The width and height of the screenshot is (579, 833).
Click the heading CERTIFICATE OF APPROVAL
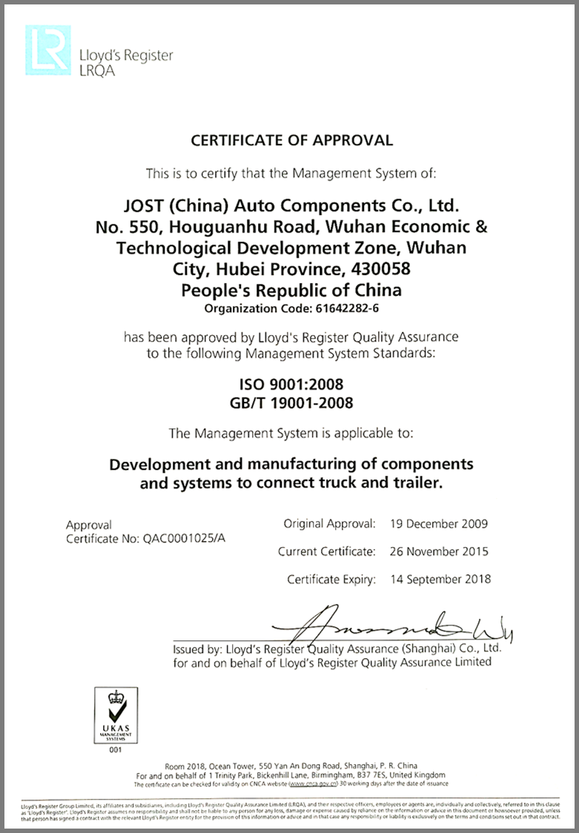click(x=292, y=140)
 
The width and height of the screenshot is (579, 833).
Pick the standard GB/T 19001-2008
click(x=291, y=403)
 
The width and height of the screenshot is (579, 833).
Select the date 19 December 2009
click(x=439, y=524)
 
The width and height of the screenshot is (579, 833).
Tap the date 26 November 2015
click(x=439, y=551)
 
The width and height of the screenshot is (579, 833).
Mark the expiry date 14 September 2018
click(x=440, y=579)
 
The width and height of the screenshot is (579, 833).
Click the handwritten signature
click(x=400, y=627)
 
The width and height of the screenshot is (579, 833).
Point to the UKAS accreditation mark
click(x=114, y=714)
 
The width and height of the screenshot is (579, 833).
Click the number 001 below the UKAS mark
click(x=114, y=750)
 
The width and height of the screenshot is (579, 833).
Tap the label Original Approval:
click(x=329, y=524)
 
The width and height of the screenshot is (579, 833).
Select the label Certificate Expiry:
click(x=331, y=579)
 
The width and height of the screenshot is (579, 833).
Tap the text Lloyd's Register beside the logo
click(x=125, y=55)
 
